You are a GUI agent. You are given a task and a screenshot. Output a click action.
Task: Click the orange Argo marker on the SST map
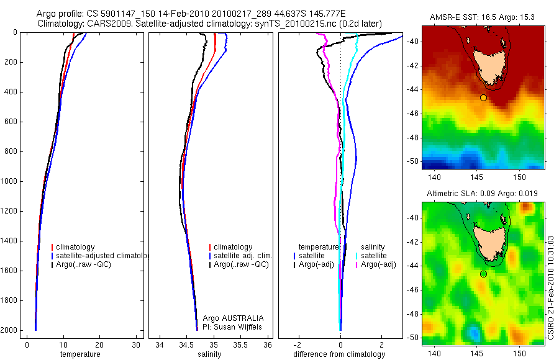484,97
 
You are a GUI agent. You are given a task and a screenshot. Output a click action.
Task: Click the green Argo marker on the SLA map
484,274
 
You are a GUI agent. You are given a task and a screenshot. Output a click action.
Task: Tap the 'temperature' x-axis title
80,354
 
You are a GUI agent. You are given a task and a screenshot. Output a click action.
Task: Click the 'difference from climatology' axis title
339,354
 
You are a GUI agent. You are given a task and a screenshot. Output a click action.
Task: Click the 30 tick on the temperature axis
136,345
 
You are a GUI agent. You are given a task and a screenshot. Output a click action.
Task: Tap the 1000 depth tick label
10,181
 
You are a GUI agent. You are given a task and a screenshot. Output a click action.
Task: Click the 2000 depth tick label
10,330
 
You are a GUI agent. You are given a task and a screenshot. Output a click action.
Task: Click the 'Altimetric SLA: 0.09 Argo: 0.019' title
482,194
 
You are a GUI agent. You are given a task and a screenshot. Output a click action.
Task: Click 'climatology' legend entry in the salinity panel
232,247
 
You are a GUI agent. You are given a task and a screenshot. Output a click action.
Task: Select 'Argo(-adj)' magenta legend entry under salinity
378,265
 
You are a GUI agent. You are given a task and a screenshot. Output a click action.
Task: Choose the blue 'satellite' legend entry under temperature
312,256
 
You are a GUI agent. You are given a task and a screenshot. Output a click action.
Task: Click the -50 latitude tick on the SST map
412,161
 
